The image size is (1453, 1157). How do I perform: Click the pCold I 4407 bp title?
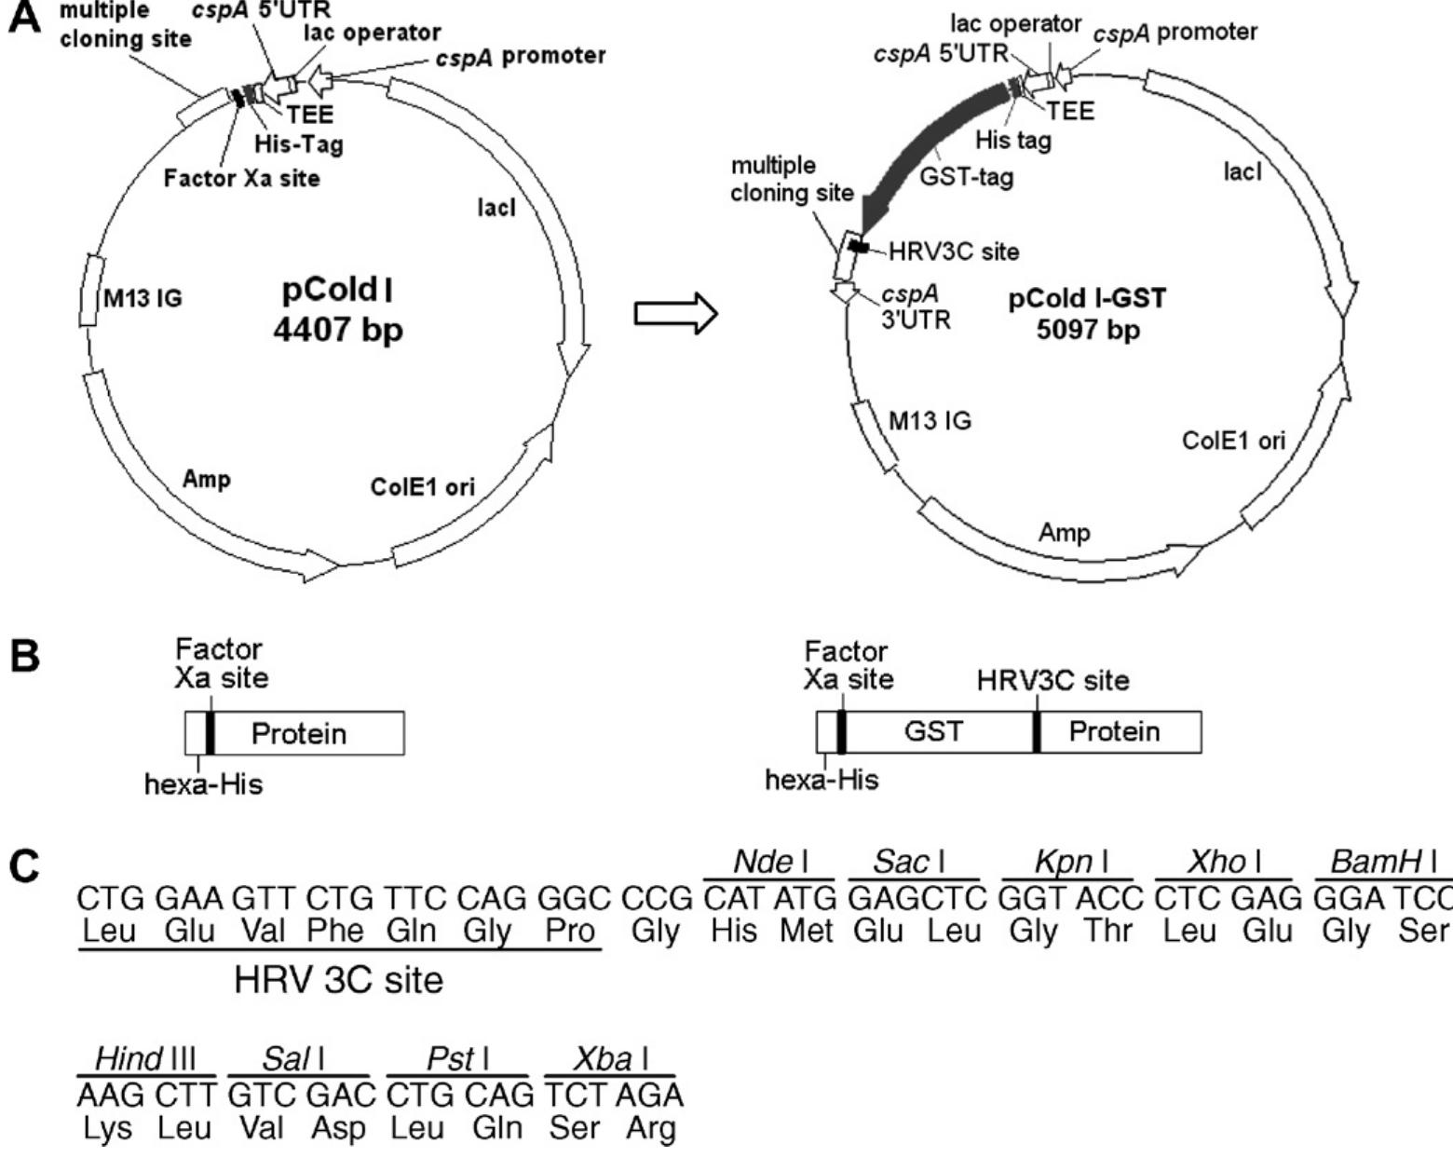[x=338, y=309]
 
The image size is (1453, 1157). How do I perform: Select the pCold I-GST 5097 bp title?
[x=1087, y=313]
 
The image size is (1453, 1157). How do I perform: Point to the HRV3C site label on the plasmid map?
[x=954, y=252]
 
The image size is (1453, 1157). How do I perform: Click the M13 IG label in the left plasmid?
[x=143, y=298]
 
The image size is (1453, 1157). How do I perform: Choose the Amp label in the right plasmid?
[x=1064, y=532]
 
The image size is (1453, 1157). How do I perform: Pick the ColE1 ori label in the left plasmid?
[x=422, y=486]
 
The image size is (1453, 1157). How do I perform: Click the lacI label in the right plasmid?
[x=1243, y=171]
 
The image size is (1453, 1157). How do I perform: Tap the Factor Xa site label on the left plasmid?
[x=241, y=178]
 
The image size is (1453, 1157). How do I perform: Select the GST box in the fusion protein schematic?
[x=933, y=731]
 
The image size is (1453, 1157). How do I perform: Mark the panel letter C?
[x=25, y=867]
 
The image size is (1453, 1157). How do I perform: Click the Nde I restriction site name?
[x=770, y=862]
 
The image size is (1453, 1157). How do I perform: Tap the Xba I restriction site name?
[x=610, y=1059]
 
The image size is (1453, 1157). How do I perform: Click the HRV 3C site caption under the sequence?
[x=338, y=980]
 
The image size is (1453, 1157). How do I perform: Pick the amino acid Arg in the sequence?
[x=651, y=1128]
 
